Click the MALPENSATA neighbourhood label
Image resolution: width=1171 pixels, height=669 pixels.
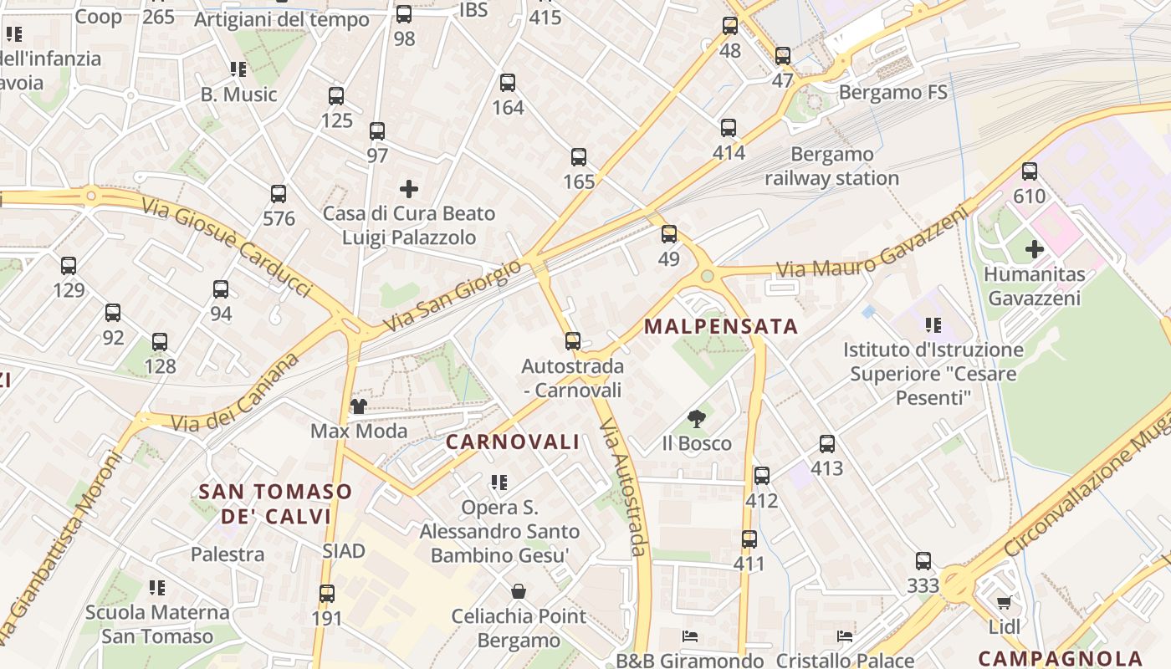(721, 326)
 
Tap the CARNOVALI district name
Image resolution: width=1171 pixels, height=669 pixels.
(512, 442)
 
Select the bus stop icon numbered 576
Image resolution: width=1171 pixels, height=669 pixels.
(279, 194)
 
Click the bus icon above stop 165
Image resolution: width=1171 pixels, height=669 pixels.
(579, 157)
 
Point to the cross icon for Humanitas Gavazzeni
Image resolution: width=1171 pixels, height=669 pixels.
(1035, 249)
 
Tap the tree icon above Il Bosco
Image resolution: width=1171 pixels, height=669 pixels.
(696, 419)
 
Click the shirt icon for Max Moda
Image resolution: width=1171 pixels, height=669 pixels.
(359, 406)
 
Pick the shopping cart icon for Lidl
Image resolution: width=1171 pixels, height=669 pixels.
(1005, 602)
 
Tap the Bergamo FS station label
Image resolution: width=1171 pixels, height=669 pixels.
(892, 92)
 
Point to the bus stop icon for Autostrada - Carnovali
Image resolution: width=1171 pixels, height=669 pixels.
(573, 341)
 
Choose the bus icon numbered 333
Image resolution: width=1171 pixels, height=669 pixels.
(923, 561)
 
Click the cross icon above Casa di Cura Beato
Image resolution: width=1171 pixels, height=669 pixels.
(409, 189)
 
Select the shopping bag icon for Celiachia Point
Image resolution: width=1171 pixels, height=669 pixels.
(519, 592)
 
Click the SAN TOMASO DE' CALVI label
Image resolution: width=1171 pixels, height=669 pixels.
(275, 503)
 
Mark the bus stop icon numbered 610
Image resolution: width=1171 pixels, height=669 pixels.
(1030, 171)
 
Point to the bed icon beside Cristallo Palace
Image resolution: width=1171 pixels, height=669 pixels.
(845, 637)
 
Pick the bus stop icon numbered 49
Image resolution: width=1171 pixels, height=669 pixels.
(669, 234)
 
